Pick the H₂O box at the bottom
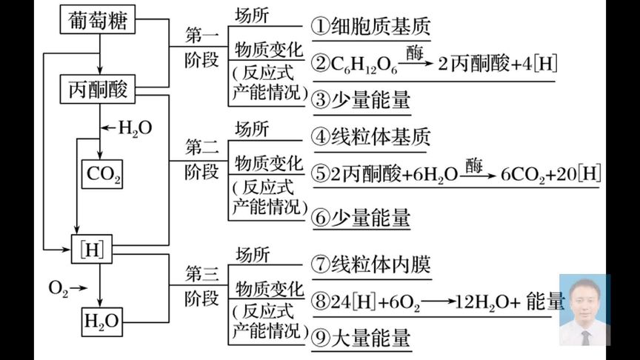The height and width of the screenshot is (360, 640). [x=103, y=321]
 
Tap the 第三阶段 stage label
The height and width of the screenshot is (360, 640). [x=202, y=286]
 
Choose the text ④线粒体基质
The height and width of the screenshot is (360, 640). [x=371, y=137]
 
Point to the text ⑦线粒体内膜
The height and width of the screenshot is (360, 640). [x=371, y=264]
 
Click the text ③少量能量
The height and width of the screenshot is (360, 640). [x=361, y=100]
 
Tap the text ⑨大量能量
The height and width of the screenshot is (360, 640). [x=361, y=339]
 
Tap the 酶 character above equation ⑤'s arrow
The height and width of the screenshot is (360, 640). [x=474, y=162]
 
